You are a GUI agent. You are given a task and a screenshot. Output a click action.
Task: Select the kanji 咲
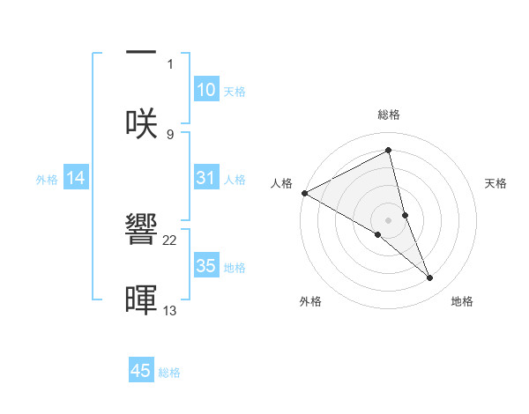[141, 124]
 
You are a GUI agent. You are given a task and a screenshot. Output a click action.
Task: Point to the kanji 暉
[141, 299]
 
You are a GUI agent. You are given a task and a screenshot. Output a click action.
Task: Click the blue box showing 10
[205, 90]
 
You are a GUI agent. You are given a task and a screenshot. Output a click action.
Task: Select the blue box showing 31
[205, 178]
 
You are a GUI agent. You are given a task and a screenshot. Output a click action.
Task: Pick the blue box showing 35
[205, 266]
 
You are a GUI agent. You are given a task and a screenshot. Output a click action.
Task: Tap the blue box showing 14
[76, 178]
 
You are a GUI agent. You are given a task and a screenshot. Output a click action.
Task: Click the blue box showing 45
[141, 371]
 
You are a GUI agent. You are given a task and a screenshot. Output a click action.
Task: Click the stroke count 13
[170, 310]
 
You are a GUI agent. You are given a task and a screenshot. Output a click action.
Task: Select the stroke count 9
[170, 135]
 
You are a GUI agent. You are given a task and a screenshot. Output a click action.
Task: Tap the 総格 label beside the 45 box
[169, 373]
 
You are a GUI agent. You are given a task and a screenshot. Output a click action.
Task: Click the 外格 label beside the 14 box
[47, 180]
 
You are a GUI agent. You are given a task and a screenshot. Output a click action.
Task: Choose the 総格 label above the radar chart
[388, 115]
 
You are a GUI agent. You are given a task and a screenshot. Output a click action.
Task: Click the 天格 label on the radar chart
[496, 183]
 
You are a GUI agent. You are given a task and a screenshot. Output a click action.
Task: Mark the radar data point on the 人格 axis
[304, 193]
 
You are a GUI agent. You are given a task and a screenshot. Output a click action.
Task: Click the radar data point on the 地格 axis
[430, 278]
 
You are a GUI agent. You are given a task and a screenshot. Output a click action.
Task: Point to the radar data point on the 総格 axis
[388, 150]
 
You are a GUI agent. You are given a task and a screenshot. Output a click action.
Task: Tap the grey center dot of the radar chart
[388, 219]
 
